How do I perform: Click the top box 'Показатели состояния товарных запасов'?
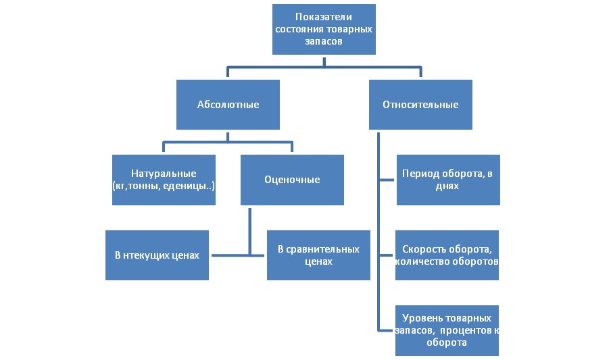click(x=323, y=30)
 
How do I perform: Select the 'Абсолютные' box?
click(x=228, y=105)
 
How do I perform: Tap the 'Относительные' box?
click(x=420, y=105)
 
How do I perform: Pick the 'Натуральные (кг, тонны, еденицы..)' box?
click(x=165, y=180)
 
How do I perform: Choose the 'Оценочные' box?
click(x=292, y=180)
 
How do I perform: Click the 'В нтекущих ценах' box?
click(x=157, y=255)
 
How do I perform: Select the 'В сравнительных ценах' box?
click(x=318, y=255)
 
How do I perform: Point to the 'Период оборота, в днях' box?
click(x=447, y=180)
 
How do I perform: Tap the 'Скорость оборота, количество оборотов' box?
click(x=447, y=255)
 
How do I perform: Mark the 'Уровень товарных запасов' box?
click(x=447, y=330)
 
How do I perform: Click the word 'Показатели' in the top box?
click(x=324, y=16)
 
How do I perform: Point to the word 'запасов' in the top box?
click(x=324, y=41)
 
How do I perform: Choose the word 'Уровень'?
click(x=422, y=317)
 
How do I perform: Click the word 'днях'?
click(x=447, y=186)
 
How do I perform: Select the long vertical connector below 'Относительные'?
click(x=378, y=230)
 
